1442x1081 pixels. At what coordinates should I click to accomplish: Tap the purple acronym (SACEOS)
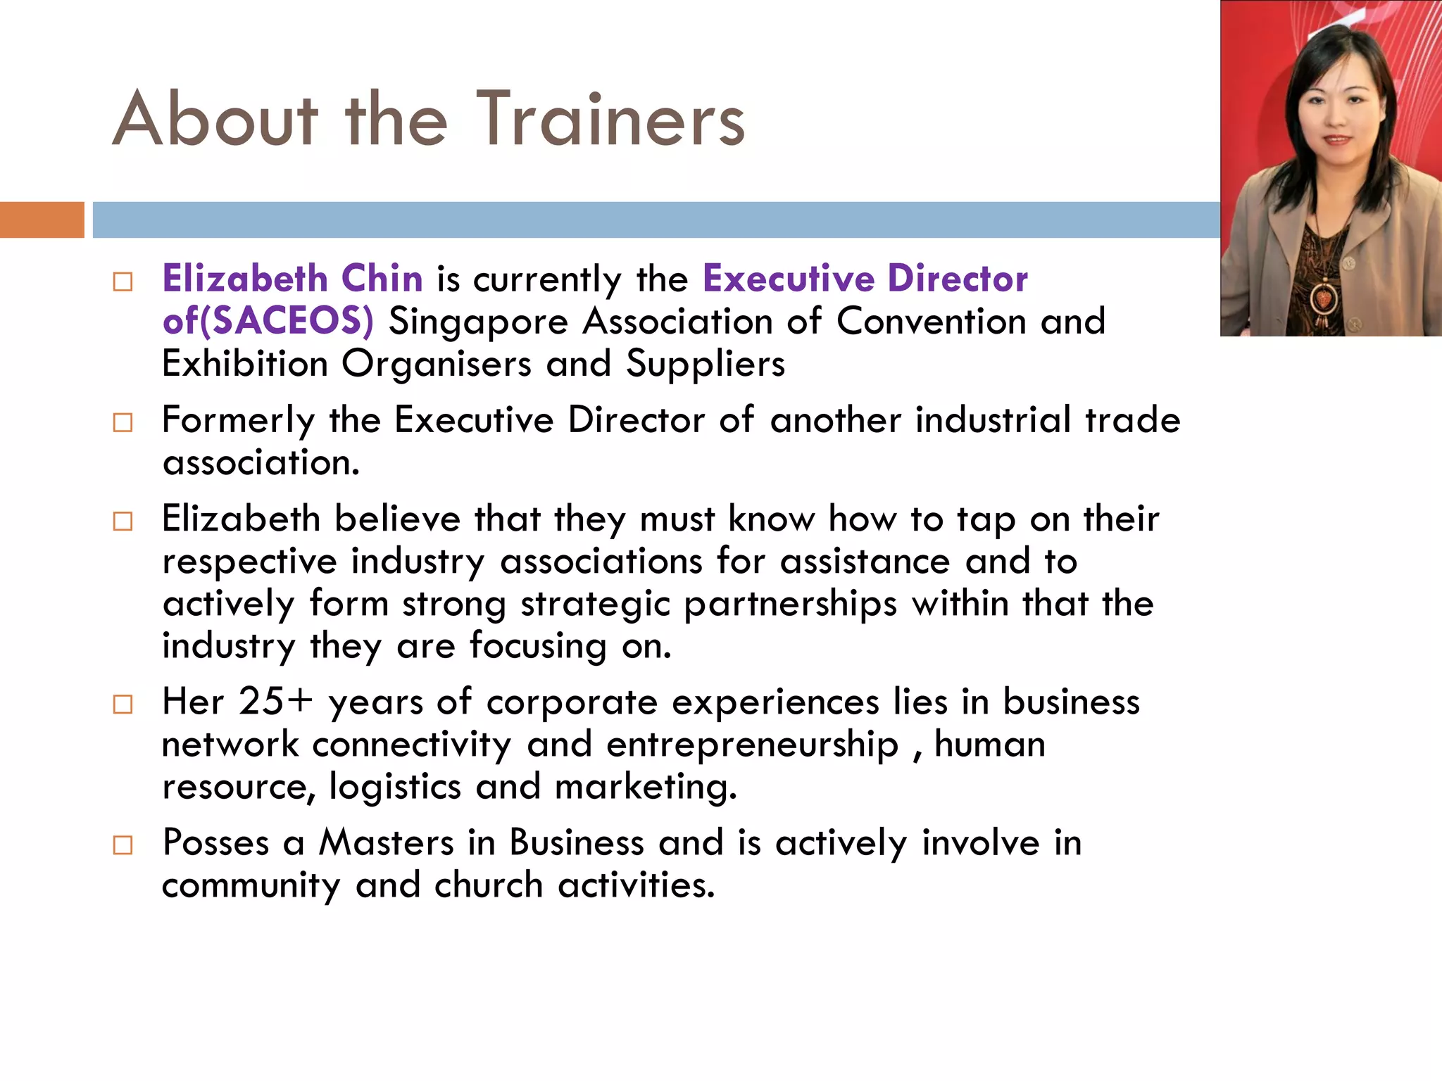click(287, 322)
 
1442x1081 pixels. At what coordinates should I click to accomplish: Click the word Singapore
click(478, 322)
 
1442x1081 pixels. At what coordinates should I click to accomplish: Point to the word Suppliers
click(705, 365)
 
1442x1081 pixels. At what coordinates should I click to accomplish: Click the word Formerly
click(238, 421)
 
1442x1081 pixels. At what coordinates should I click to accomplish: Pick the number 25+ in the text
click(275, 702)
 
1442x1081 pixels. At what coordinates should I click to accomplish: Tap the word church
click(489, 885)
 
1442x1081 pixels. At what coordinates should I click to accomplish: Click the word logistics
click(394, 788)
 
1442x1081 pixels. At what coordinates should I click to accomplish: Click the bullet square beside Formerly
click(123, 423)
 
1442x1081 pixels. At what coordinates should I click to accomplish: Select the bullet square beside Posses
click(123, 845)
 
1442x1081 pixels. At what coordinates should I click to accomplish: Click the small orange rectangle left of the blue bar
click(42, 220)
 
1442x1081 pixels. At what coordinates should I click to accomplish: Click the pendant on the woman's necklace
click(1324, 299)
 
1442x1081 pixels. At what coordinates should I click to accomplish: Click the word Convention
click(932, 322)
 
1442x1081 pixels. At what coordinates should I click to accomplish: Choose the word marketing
click(645, 788)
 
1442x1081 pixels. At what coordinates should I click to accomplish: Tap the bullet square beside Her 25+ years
click(123, 704)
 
